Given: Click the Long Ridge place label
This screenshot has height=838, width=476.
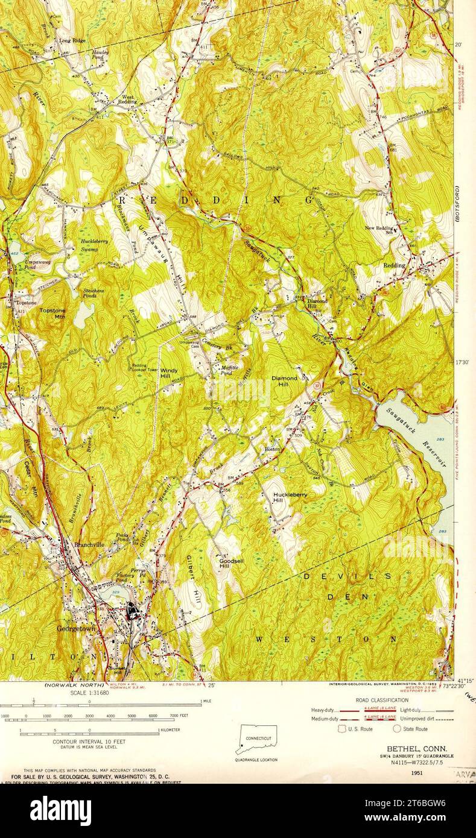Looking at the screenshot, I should coord(72,41).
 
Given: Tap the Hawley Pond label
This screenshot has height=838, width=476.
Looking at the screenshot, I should coord(100,55).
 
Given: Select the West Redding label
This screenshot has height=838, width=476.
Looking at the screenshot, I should coord(128,99).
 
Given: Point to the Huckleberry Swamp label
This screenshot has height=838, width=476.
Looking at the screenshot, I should coord(94,244).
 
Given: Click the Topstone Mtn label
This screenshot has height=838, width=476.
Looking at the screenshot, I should coord(52,313).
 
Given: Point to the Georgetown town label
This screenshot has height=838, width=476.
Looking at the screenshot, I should coord(76,628).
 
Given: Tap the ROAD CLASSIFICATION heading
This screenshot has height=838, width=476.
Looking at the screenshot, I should coord(382,700).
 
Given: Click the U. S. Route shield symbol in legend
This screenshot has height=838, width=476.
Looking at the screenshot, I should coord(343,729).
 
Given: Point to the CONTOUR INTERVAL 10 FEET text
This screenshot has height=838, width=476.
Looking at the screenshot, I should coord(89,741).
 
